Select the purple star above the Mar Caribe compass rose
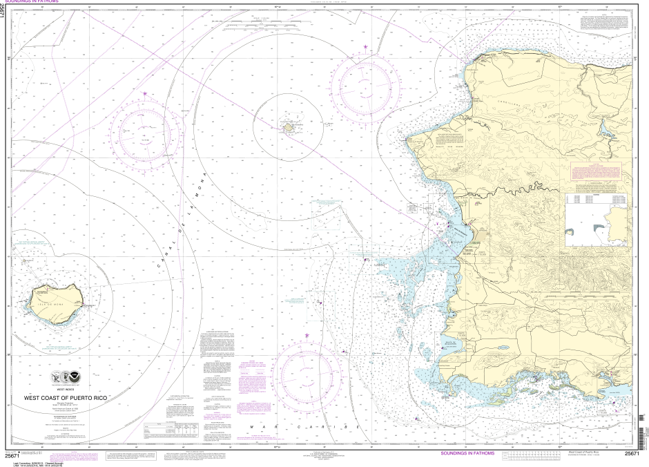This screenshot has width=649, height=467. (x=307, y=336)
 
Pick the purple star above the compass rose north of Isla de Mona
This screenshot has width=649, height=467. (x=145, y=93)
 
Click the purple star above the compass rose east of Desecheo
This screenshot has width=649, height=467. (x=366, y=47)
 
